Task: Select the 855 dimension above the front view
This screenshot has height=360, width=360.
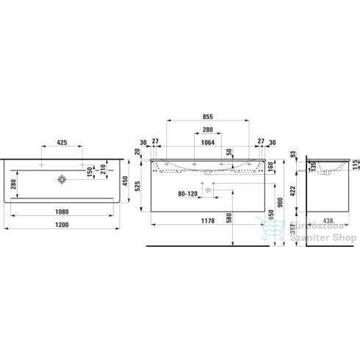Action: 209,117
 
